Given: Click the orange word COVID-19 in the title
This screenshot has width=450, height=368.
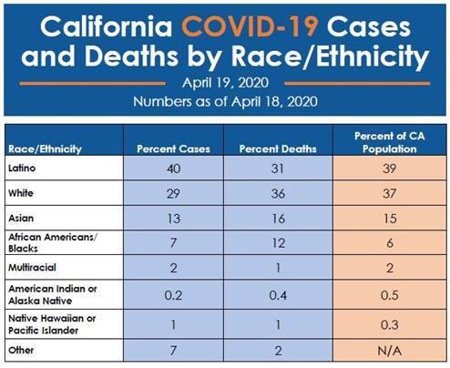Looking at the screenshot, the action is (250, 26).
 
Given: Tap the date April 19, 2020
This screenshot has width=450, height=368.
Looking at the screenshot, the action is (225, 83).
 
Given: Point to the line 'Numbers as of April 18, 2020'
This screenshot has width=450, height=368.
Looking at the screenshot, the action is (225, 101).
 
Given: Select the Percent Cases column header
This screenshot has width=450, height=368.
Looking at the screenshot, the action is (173, 148).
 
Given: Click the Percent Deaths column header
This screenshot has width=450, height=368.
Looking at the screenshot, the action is (278, 148).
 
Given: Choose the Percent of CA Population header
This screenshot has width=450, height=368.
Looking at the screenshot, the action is (390, 142).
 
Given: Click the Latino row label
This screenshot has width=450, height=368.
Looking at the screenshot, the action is (22, 168).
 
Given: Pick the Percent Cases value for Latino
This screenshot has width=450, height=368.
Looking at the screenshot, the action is (173, 169).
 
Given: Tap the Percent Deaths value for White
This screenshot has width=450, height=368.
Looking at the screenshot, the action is (278, 193).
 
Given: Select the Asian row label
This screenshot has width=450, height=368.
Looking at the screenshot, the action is (21, 218).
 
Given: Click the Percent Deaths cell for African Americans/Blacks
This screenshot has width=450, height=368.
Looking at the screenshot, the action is (278, 243).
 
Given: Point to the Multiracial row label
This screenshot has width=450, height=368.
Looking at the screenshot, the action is (32, 268).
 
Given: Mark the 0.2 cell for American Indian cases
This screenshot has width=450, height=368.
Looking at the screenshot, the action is (173, 295).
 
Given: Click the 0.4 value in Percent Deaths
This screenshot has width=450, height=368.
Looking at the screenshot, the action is (278, 295).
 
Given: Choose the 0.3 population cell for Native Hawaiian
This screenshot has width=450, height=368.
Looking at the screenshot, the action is (390, 325).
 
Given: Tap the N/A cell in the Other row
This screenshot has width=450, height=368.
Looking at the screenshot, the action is (390, 351).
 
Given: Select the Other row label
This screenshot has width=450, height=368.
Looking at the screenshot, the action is (21, 350).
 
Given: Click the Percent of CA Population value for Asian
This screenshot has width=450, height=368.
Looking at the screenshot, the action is (390, 219).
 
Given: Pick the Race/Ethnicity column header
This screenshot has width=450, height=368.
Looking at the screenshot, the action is (45, 149).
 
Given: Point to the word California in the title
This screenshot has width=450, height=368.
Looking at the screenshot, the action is (107, 26).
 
